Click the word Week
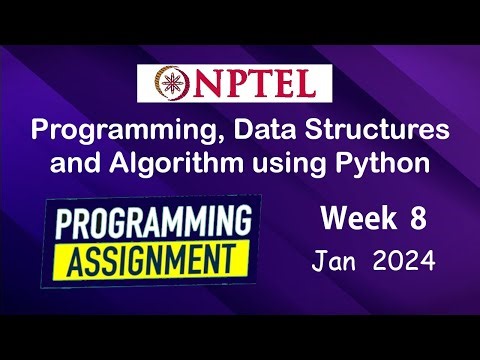coord(352,217)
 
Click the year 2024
coord(403,262)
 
